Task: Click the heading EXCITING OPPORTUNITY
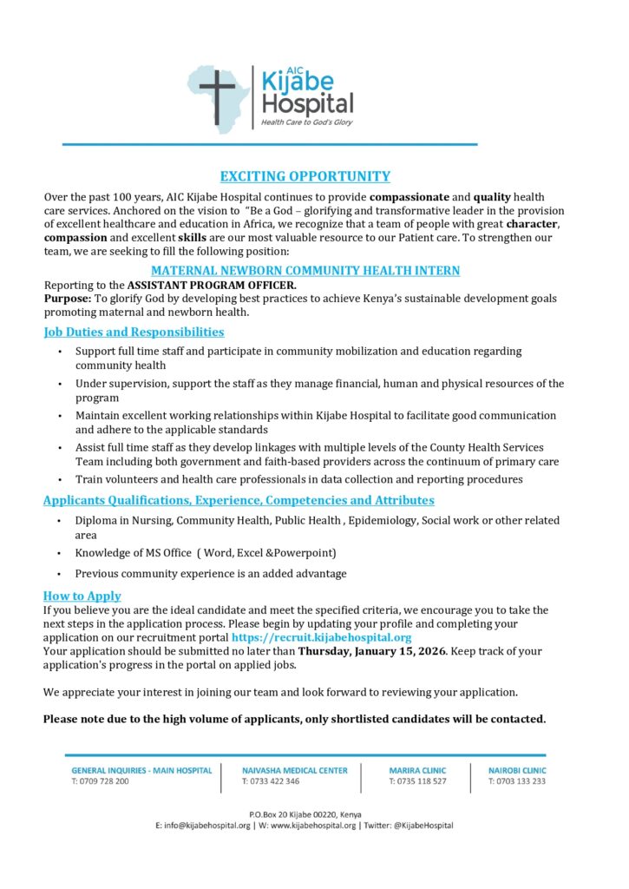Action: coord(305,176)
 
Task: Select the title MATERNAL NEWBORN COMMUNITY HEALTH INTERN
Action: coord(305,271)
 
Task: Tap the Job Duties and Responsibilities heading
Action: coord(134,332)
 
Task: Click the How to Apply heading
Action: coord(82,596)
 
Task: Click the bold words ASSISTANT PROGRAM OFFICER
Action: coord(212,285)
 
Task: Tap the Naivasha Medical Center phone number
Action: coord(271,781)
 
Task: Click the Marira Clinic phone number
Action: coord(417,781)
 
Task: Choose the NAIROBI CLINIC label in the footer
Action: coord(517,770)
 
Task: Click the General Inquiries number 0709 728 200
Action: coord(101,781)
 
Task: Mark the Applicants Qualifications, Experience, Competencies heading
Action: coord(239,500)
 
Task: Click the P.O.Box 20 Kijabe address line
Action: coord(305,814)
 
